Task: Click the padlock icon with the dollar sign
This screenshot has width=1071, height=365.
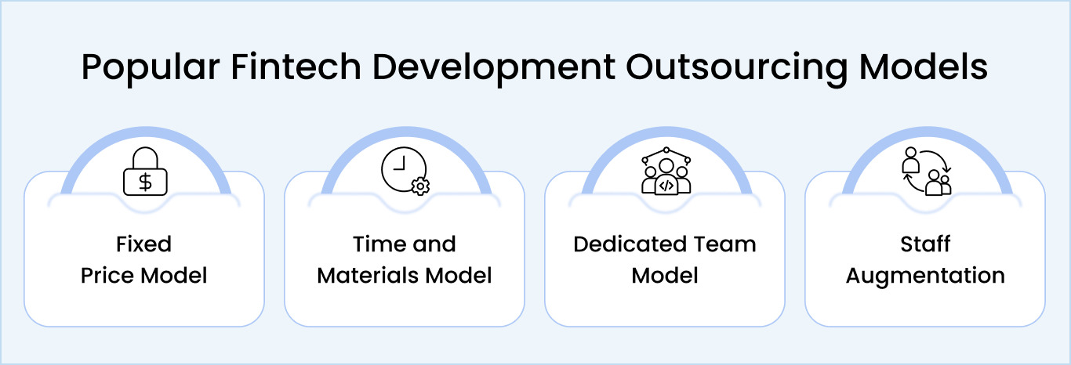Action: coord(144,172)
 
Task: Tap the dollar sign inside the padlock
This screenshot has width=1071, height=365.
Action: coord(144,182)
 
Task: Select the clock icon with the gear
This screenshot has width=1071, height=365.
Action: coord(405,172)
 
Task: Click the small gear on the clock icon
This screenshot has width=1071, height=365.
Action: coord(421,186)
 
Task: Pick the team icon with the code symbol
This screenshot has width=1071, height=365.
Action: coord(666,172)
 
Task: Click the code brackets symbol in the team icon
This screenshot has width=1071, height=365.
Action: coord(666,186)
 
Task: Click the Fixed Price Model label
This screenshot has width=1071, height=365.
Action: coord(144,259)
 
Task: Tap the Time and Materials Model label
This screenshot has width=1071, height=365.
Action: coord(405,259)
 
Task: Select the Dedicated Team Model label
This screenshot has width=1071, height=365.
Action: coord(665,259)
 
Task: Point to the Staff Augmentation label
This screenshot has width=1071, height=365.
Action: coord(925,259)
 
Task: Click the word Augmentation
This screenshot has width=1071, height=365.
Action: coord(925,276)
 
